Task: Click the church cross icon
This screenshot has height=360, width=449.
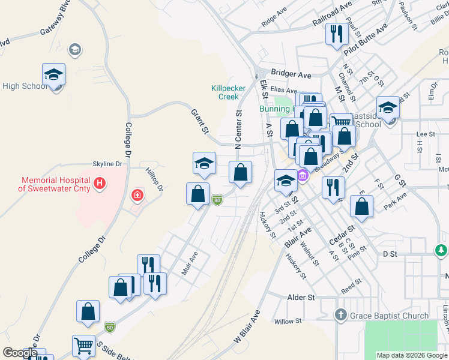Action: pyautogui.click(x=340, y=315)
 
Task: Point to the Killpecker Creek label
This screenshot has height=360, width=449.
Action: pyautogui.click(x=229, y=92)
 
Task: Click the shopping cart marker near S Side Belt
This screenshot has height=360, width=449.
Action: pyautogui.click(x=83, y=346)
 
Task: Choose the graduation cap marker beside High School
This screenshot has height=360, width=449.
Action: pyautogui.click(x=53, y=74)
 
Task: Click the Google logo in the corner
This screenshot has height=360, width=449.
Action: pyautogui.click(x=20, y=353)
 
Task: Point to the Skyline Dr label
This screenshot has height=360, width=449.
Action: pyautogui.click(x=107, y=164)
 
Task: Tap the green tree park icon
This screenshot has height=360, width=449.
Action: pyautogui.click(x=441, y=249)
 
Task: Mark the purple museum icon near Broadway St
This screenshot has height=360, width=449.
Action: pyautogui.click(x=303, y=175)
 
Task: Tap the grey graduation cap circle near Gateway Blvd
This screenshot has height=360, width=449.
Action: pyautogui.click(x=76, y=49)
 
